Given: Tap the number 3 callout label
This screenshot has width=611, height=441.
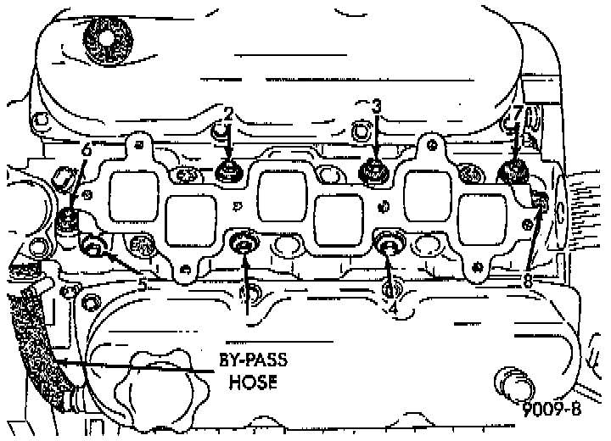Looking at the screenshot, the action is click(377, 106).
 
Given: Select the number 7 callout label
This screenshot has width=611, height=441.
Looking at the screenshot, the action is click(517, 113).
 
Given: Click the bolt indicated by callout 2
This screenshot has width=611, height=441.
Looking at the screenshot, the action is click(228, 173).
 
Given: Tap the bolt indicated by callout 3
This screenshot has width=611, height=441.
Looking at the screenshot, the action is click(373, 173).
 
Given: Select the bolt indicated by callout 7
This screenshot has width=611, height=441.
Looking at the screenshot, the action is click(513, 173).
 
